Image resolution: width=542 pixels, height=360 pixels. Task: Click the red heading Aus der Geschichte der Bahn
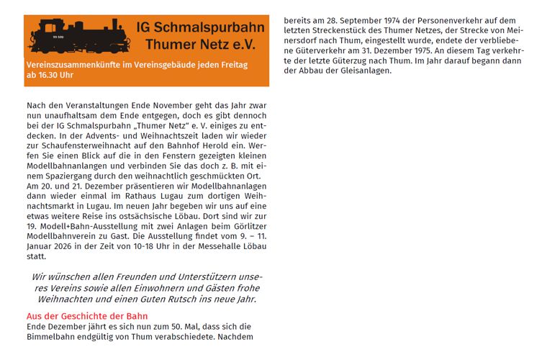[87, 316]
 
